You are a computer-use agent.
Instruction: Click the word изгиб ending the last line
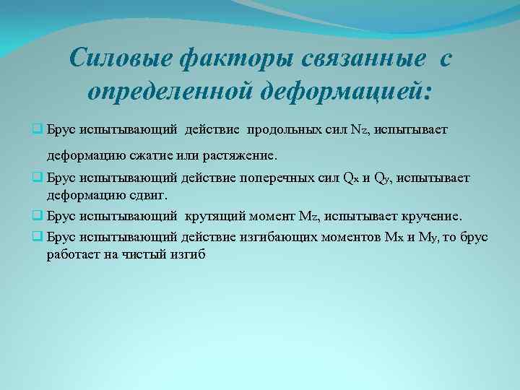191,253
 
